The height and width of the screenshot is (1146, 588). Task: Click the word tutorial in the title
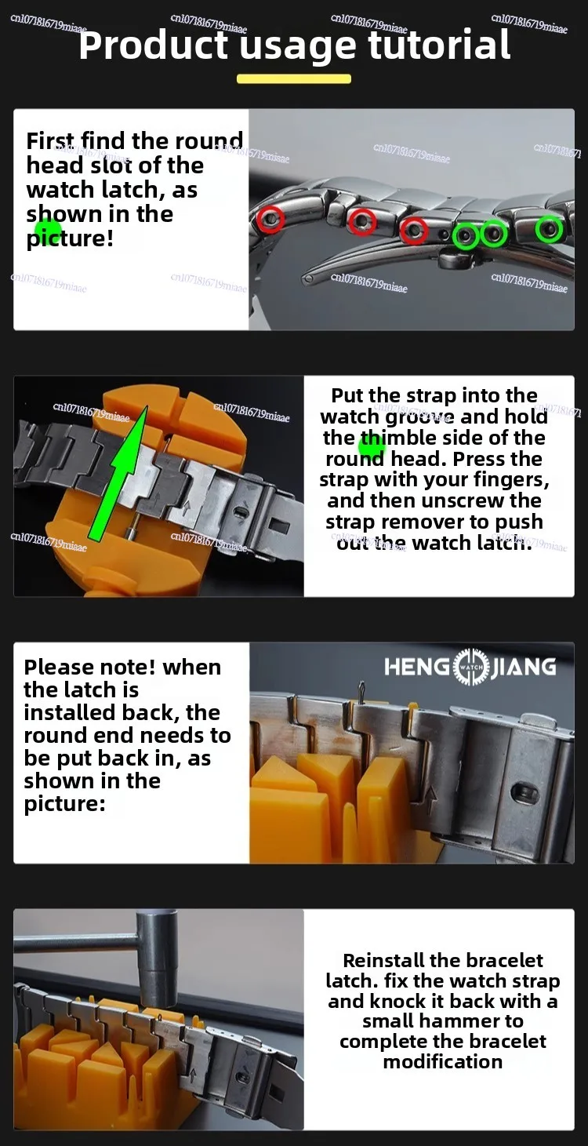pyautogui.click(x=440, y=45)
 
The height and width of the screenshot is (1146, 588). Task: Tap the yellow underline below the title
pyautogui.click(x=293, y=78)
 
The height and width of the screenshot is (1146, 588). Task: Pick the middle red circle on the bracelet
pyautogui.click(x=362, y=222)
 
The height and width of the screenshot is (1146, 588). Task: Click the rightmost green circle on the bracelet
pyautogui.click(x=549, y=229)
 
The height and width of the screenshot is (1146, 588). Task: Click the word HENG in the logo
pyautogui.click(x=417, y=667)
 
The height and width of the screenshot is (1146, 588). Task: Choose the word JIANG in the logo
pyautogui.click(x=524, y=667)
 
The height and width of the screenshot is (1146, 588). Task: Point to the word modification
pyautogui.click(x=443, y=1061)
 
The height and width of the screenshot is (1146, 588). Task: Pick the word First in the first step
pyautogui.click(x=51, y=141)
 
